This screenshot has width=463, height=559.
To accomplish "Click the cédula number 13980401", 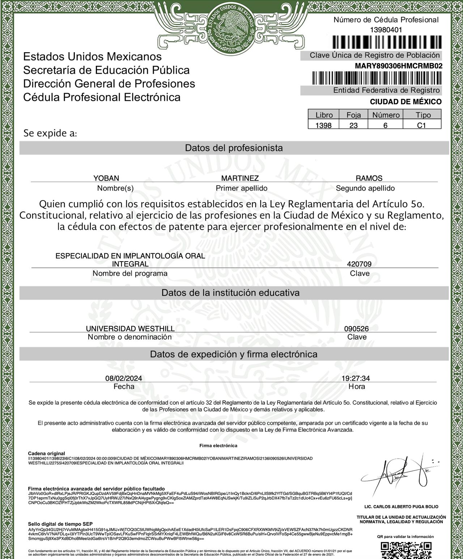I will [386, 30].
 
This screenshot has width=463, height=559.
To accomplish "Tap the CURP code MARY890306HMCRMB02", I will [399, 66].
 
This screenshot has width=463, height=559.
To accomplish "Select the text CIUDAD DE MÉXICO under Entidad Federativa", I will [405, 102].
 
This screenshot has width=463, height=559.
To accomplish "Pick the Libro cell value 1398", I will [323, 125].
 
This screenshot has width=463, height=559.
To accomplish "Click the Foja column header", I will [353, 115].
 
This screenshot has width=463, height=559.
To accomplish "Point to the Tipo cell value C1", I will [422, 125].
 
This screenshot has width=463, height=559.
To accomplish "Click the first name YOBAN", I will [106, 178].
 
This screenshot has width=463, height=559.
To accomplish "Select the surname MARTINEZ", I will [240, 178].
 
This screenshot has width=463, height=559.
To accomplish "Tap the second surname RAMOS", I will [369, 178].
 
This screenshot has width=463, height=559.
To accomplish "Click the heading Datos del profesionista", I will [234, 148].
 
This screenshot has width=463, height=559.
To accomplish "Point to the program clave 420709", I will [359, 264].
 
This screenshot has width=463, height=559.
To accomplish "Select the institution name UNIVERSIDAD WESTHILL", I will [130, 329].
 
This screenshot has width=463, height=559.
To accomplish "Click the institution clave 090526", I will [356, 329].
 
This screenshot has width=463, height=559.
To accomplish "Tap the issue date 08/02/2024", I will [124, 378].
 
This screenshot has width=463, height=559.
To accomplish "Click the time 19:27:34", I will [356, 378].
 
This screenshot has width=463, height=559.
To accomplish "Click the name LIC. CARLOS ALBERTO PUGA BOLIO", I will [401, 506].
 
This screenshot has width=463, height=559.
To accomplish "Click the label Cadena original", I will [47, 453].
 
